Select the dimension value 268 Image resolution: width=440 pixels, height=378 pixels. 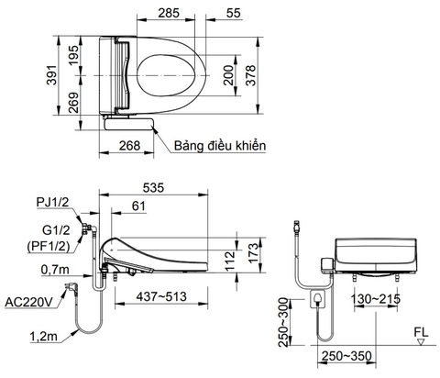pyautogui.click(x=129, y=144)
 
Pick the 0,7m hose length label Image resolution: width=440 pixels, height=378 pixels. pyautogui.click(x=58, y=269)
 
